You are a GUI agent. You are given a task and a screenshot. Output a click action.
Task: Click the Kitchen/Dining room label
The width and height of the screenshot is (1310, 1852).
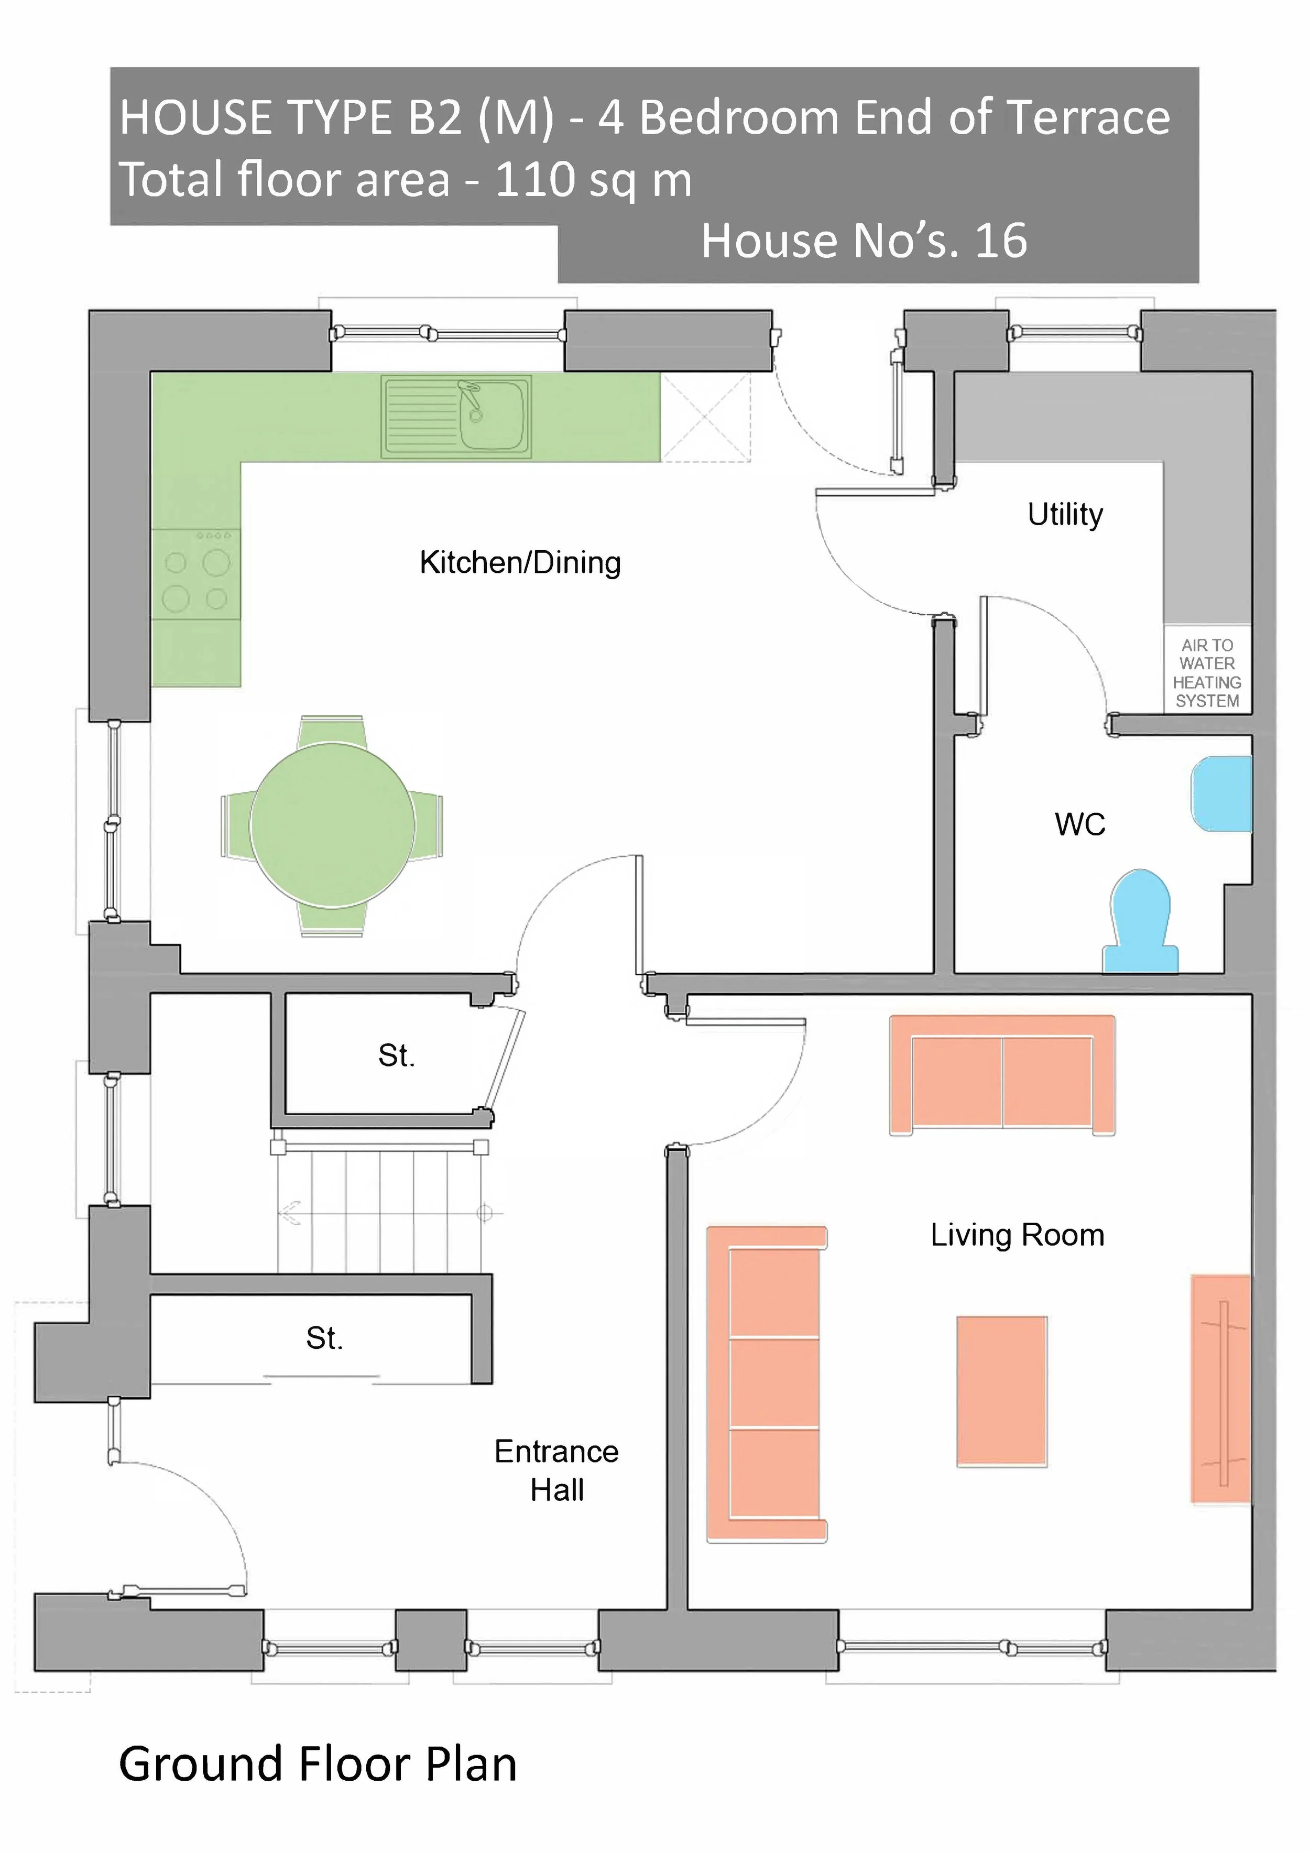pos(520,563)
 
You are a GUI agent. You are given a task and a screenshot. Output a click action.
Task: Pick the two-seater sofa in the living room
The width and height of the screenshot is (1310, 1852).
pos(1002,1076)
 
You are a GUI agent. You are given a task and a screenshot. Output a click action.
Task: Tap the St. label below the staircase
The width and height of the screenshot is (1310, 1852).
pos(324,1339)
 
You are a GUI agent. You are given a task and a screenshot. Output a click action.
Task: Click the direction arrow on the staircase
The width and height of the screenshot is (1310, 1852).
pos(290,1212)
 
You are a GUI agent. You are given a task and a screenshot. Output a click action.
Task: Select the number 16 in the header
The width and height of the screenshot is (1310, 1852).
pos(1001,241)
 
